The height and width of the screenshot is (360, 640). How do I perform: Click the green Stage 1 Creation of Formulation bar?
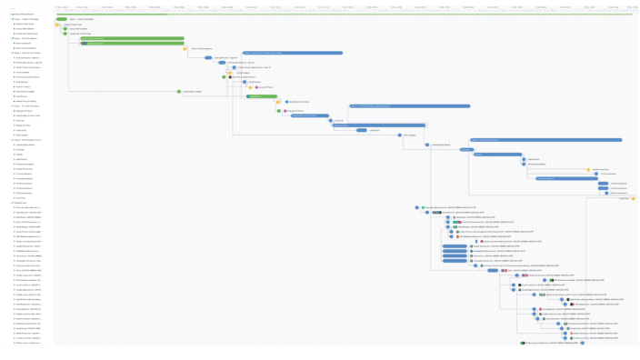click(61, 18)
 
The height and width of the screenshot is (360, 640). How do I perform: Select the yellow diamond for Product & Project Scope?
click(56, 25)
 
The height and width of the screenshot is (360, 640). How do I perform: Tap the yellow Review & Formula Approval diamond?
click(185, 48)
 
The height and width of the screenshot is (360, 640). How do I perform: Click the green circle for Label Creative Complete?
click(179, 91)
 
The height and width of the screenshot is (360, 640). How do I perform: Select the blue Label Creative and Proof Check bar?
click(308, 115)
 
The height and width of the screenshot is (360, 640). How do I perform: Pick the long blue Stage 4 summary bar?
click(409, 105)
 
